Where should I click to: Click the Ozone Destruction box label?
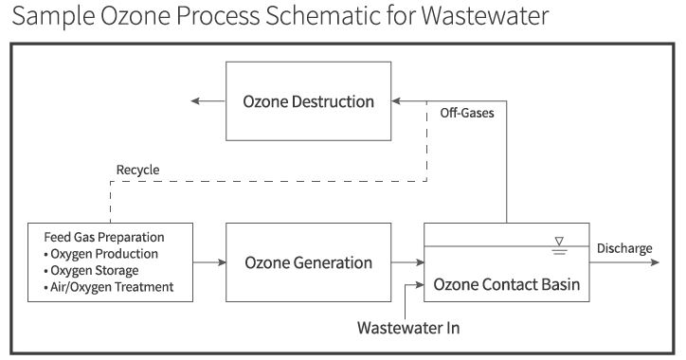point(309,101)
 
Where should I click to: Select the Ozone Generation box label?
point(309,262)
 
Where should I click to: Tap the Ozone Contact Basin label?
point(507,284)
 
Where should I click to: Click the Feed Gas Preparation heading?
point(104,237)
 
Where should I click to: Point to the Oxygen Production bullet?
point(101,254)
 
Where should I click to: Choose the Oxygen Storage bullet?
point(92,270)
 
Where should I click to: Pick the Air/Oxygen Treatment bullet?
point(109,287)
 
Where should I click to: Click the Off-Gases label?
point(467,113)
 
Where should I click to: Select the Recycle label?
point(137,170)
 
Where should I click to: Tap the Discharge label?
point(624,248)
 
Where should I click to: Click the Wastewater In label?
point(408,328)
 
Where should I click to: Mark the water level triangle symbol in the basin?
point(559,241)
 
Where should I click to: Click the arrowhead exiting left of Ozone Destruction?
point(195,101)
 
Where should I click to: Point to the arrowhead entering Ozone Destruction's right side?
point(396,101)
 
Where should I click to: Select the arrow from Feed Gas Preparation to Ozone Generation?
point(209,262)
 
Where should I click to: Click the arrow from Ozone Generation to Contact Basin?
point(407,262)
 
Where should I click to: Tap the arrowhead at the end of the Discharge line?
point(655,262)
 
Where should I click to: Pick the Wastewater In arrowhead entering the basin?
point(420,285)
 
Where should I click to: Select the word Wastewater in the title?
point(485,15)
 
